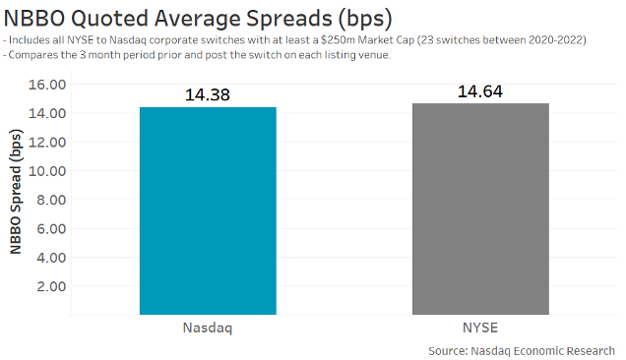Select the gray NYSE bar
(480, 209)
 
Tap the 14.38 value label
(208, 95)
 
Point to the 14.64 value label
(480, 91)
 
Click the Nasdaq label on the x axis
(208, 328)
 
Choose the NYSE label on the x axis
(480, 328)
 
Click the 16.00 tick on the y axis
(45, 85)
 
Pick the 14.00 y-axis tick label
(45, 113)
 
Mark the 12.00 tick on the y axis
(45, 142)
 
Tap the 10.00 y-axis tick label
(45, 171)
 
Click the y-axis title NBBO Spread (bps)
(17, 195)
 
